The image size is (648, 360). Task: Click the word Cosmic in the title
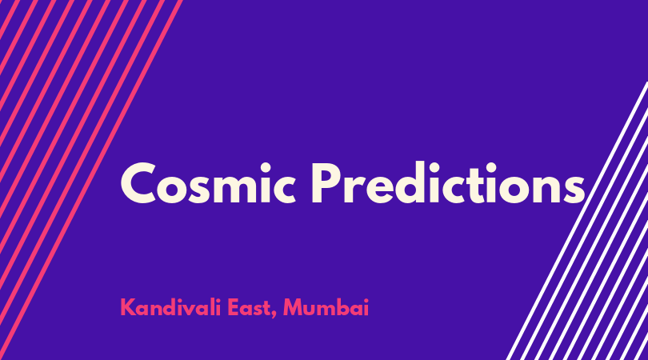208,183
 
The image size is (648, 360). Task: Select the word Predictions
448,182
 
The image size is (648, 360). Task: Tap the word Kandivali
170,307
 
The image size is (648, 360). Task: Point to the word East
249,308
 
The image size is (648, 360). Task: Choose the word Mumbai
326,307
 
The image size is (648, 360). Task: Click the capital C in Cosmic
138,183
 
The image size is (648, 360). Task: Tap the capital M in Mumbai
294,307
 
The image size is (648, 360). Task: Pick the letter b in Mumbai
346,307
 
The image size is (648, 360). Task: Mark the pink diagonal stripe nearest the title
91,180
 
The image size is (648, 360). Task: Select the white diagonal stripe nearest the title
577,221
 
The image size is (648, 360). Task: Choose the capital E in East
234,307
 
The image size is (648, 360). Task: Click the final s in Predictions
575,189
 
